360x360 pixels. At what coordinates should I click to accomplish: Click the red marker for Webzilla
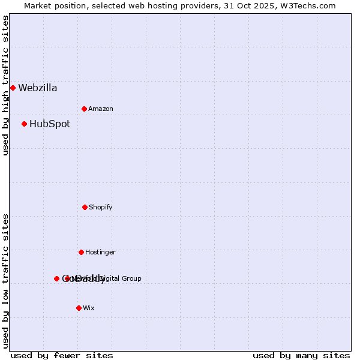click(13, 88)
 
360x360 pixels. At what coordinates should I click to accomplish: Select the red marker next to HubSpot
click(24, 124)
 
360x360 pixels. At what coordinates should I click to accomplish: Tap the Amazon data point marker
click(84, 109)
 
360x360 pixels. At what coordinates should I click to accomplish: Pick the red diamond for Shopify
click(85, 207)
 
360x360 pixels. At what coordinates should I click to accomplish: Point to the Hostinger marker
click(81, 252)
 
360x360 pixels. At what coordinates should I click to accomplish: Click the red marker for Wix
click(79, 308)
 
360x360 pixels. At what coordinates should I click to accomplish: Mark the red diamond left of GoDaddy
click(56, 278)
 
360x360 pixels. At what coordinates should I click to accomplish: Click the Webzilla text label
click(38, 88)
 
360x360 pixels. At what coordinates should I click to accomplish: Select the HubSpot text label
click(50, 124)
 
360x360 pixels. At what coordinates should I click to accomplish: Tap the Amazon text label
click(101, 109)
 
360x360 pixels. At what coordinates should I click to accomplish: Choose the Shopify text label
click(101, 208)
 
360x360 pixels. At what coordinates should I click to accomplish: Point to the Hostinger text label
click(100, 253)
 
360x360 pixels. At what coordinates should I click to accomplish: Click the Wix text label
click(89, 308)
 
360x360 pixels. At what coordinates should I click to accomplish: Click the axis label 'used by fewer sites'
click(62, 355)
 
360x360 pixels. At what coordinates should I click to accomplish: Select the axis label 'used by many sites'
click(301, 355)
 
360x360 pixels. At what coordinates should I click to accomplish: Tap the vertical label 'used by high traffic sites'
click(5, 85)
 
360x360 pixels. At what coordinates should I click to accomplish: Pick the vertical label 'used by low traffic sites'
click(5, 281)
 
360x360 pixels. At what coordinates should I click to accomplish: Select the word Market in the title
click(38, 5)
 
